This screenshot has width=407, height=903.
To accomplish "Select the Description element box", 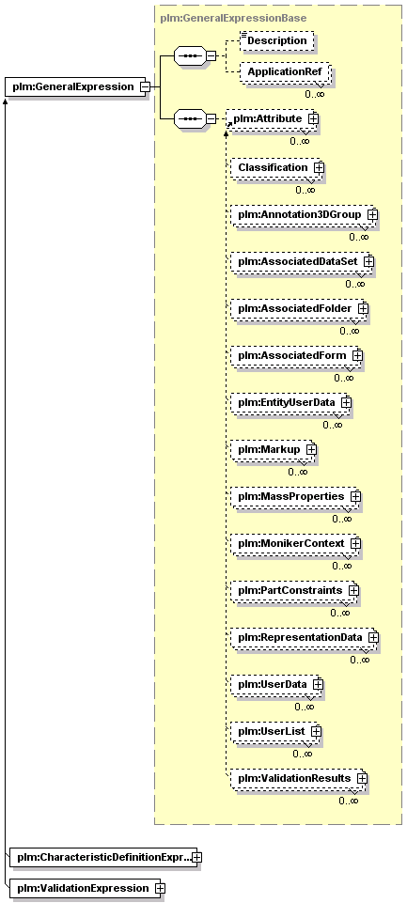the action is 277,41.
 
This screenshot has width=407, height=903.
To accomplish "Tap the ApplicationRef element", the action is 285,72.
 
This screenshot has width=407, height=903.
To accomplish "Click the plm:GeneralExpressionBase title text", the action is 233,19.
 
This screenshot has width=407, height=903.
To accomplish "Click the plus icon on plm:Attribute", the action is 313,118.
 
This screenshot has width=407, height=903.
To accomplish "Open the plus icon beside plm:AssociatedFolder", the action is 363,309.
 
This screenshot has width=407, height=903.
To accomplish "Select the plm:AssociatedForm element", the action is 296,356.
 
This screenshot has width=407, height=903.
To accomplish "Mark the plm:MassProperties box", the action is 296,496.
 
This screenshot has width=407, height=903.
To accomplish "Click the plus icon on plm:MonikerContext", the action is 355,543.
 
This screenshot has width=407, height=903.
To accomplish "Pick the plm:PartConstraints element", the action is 294,591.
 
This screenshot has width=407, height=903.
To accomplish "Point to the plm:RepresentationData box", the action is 305,638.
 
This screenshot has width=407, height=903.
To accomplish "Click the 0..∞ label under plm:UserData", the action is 305,707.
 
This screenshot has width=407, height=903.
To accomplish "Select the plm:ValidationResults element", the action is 299,779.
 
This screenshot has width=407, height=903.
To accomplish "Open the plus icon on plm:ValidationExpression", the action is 159,889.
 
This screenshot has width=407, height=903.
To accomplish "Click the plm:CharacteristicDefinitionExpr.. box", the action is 103,858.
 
